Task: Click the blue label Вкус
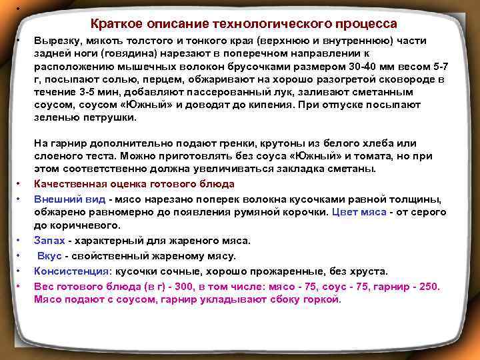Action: tap(51, 256)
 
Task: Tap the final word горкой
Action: tap(323, 299)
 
